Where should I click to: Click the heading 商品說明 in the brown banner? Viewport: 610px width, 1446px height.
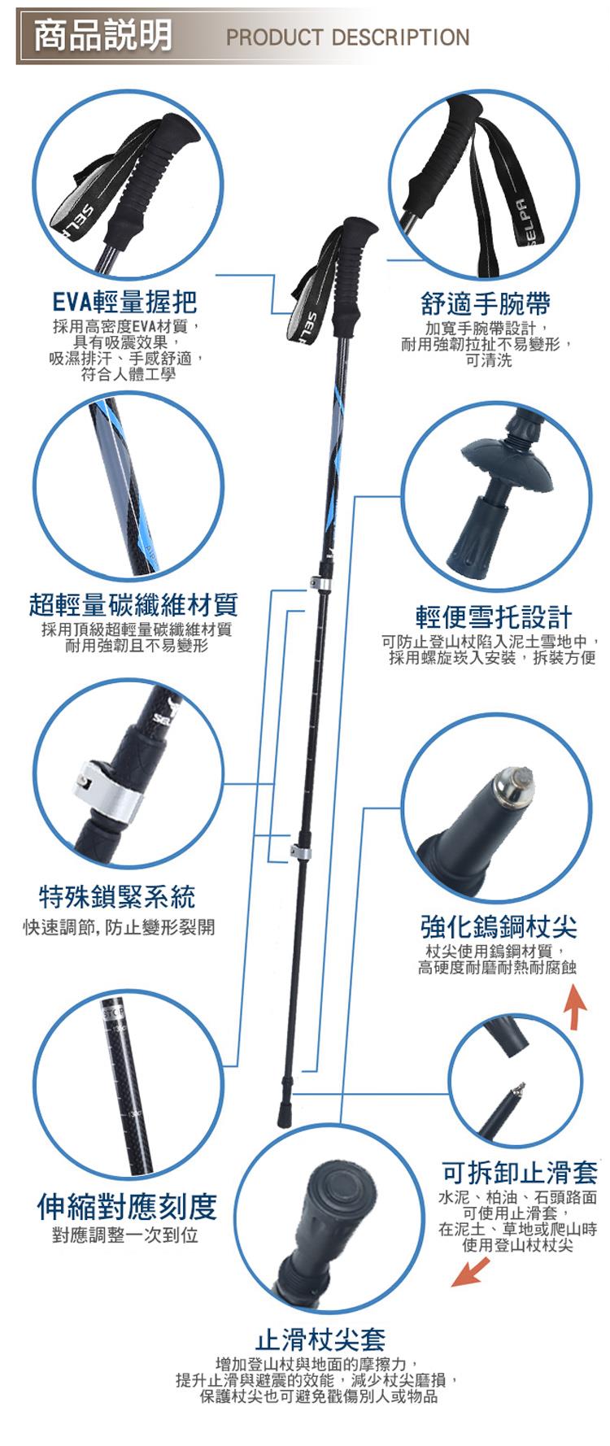[102, 35]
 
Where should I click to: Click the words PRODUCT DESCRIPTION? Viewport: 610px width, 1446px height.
[348, 37]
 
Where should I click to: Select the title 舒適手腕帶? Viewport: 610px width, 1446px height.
[486, 304]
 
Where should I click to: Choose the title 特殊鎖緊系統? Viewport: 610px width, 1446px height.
[118, 897]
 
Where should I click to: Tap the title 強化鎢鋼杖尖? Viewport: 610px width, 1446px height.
[499, 926]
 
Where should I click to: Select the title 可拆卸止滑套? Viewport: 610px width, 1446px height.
[520, 1172]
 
